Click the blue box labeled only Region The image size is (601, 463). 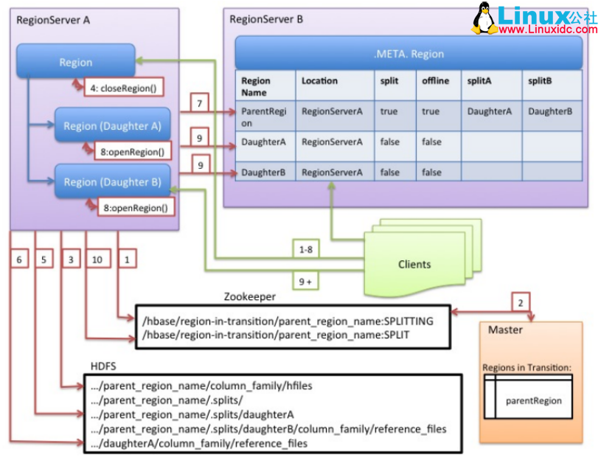click(x=76, y=63)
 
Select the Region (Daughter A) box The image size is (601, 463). click(x=112, y=125)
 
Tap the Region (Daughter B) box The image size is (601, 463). click(x=112, y=181)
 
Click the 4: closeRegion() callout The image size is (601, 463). click(x=123, y=87)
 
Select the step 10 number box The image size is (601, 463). click(x=96, y=259)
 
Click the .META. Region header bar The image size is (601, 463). click(x=409, y=53)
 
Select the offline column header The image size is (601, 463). click(x=435, y=81)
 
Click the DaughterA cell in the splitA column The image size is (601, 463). click(x=489, y=111)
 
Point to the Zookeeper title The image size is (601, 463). click(x=249, y=296)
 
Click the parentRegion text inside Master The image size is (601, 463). click(x=533, y=401)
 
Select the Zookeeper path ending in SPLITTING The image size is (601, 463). click(x=288, y=321)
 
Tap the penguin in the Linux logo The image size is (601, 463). click(x=483, y=19)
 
